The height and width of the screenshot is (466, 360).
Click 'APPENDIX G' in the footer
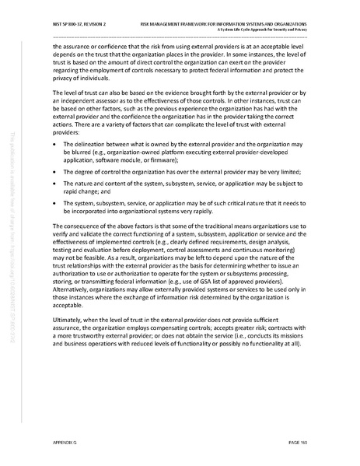(x=67, y=440)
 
